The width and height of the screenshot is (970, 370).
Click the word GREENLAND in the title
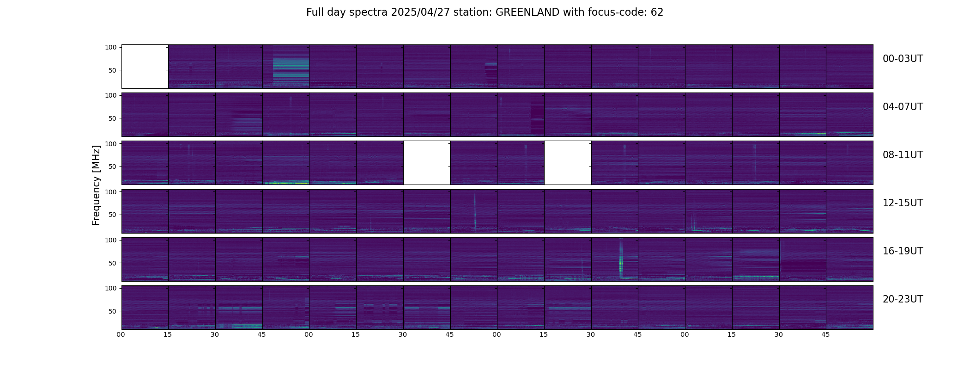527,12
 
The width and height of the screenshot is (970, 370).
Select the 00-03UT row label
903,59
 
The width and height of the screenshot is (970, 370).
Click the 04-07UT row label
903,107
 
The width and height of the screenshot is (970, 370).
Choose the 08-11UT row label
903,155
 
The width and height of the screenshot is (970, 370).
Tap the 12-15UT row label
903,203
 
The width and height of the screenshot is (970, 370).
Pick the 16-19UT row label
903,251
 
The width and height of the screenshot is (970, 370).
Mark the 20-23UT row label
903,299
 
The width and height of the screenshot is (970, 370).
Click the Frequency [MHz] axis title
96,185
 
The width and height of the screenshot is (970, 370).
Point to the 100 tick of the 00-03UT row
111,47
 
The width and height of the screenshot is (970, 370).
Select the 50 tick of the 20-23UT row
113,311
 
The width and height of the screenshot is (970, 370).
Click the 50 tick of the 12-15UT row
113,215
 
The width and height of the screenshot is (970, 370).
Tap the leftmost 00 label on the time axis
121,334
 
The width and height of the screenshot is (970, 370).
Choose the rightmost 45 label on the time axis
826,334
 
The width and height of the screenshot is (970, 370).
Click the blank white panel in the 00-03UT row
145,67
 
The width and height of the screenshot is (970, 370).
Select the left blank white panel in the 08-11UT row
427,163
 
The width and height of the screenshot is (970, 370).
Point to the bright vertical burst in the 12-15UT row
475,211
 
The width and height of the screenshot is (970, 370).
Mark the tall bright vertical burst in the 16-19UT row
621,259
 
